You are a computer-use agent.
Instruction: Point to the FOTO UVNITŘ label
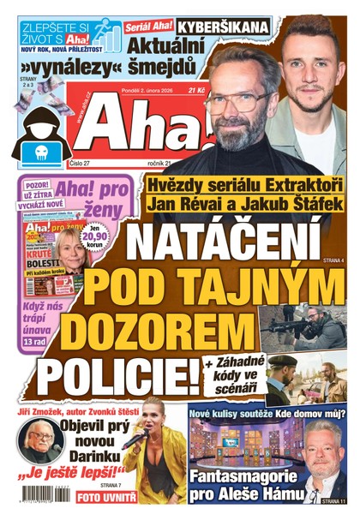click(x=107, y=495)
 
